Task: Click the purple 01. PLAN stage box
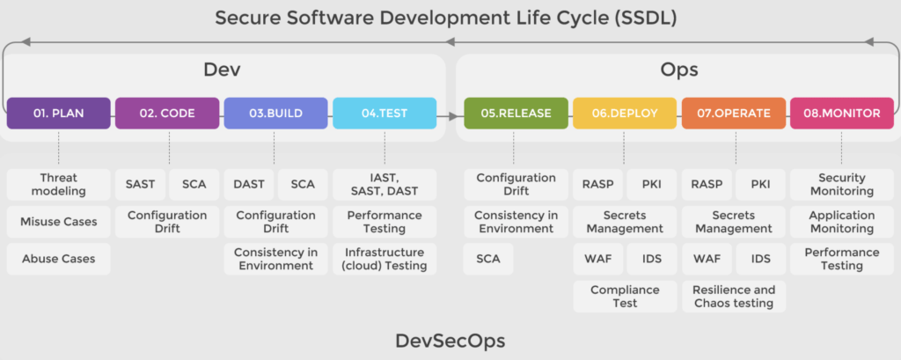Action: [59, 114]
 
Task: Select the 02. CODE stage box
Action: [167, 114]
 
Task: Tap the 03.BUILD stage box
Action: [275, 114]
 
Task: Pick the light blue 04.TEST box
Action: [385, 114]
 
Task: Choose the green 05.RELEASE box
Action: [516, 114]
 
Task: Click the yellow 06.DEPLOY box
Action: [625, 114]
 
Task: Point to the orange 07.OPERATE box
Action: [733, 114]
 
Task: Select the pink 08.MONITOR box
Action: [842, 114]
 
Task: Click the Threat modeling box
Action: [59, 185]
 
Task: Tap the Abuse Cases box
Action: [59, 259]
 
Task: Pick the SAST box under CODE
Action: [140, 185]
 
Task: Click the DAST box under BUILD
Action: [249, 185]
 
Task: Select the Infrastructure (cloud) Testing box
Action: [385, 259]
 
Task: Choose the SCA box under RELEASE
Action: [488, 259]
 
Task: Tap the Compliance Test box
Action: [625, 296]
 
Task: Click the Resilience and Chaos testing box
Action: [733, 296]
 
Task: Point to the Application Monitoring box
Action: [842, 222]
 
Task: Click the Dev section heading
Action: [222, 70]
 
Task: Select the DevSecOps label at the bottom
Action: [450, 341]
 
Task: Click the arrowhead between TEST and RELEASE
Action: [455, 117]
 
